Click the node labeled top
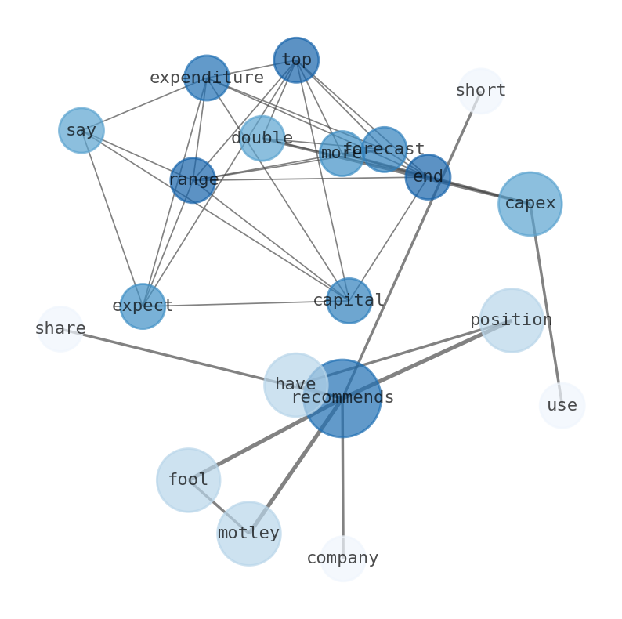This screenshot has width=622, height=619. pyautogui.click(x=296, y=60)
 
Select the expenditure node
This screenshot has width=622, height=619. pyautogui.click(x=206, y=78)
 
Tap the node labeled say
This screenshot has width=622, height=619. pyautogui.click(x=81, y=130)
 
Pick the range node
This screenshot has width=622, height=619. pyautogui.click(x=193, y=180)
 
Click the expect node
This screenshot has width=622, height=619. pyautogui.click(x=143, y=306)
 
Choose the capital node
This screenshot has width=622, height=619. pyautogui.click(x=349, y=300)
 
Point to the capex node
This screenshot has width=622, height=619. pyautogui.click(x=530, y=204)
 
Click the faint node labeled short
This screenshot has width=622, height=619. pyautogui.click(x=480, y=91)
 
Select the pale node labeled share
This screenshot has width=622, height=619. pyautogui.click(x=60, y=328)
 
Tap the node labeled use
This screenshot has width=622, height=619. pyautogui.click(x=562, y=405)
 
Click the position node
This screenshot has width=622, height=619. pyautogui.click(x=511, y=320)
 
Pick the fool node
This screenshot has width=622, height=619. pyautogui.click(x=188, y=480)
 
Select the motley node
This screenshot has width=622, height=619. pyautogui.click(x=248, y=533)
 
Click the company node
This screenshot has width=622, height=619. pyautogui.click(x=342, y=558)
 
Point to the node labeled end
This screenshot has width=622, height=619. pyautogui.click(x=428, y=176)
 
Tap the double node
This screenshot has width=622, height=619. pyautogui.click(x=262, y=138)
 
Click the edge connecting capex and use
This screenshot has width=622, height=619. pyautogui.click(x=546, y=306)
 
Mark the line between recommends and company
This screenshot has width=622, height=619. pyautogui.click(x=342, y=486)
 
